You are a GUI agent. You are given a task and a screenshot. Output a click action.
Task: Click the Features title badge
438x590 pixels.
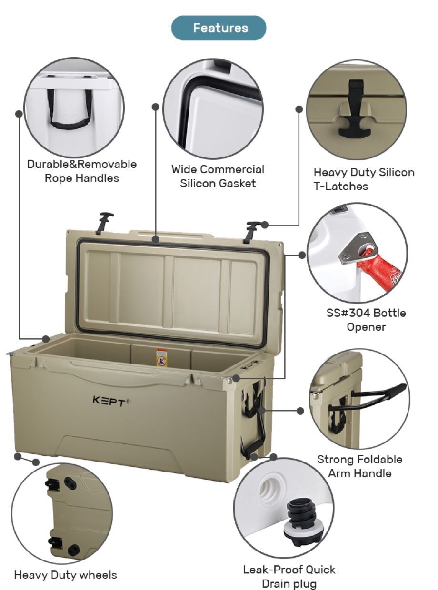[x=219, y=28]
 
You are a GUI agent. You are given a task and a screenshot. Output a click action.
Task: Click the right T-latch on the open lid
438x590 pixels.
[x=252, y=230]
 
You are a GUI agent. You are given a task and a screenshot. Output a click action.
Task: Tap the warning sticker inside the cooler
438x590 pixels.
[x=162, y=358]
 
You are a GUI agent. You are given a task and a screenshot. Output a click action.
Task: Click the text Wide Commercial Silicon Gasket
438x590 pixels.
[x=218, y=177]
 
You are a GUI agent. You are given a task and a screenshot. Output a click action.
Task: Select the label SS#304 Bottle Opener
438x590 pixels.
[x=366, y=320]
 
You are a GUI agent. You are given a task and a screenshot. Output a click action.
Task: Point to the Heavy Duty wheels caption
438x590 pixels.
[x=65, y=575]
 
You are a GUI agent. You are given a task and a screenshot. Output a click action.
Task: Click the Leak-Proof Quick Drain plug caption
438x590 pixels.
[x=289, y=576]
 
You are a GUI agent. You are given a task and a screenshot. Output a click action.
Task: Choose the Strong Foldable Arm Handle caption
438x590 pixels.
[x=359, y=466]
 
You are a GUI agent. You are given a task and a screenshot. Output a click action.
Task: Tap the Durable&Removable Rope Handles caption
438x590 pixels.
[x=81, y=171]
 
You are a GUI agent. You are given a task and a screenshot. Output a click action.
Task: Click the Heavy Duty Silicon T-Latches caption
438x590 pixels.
[x=363, y=179]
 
